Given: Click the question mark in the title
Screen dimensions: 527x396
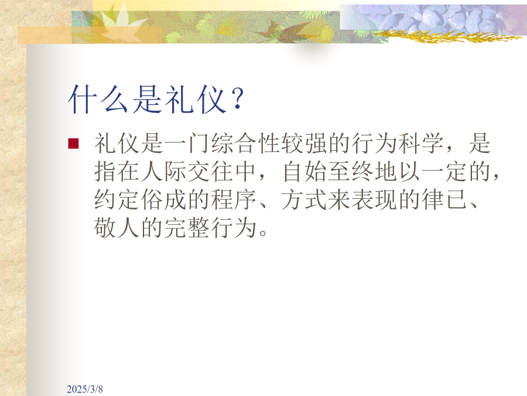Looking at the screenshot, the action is pyautogui.click(x=238, y=99).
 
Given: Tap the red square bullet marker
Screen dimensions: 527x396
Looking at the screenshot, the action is pyautogui.click(x=73, y=144).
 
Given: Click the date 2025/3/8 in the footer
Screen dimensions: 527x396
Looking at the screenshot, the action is pyautogui.click(x=85, y=389).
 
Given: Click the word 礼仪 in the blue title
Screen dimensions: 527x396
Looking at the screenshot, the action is pyautogui.click(x=196, y=99).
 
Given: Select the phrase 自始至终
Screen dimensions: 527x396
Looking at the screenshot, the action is pyautogui.click(x=328, y=172).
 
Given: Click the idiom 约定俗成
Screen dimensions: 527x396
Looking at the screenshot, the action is pyautogui.click(x=141, y=199).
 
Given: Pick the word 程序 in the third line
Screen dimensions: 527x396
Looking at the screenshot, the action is pyautogui.click(x=234, y=199).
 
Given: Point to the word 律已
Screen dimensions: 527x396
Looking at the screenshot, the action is pyautogui.click(x=444, y=199).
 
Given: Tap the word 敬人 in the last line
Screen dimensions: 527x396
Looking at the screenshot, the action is pyautogui.click(x=117, y=228).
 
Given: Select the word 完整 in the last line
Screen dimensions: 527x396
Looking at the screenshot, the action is pyautogui.click(x=187, y=228).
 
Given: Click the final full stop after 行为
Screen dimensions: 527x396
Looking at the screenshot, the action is pyautogui.click(x=263, y=233).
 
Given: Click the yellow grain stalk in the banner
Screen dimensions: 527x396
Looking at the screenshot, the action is pyautogui.click(x=447, y=35).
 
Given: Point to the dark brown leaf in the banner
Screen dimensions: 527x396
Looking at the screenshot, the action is pyautogui.click(x=272, y=31).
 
